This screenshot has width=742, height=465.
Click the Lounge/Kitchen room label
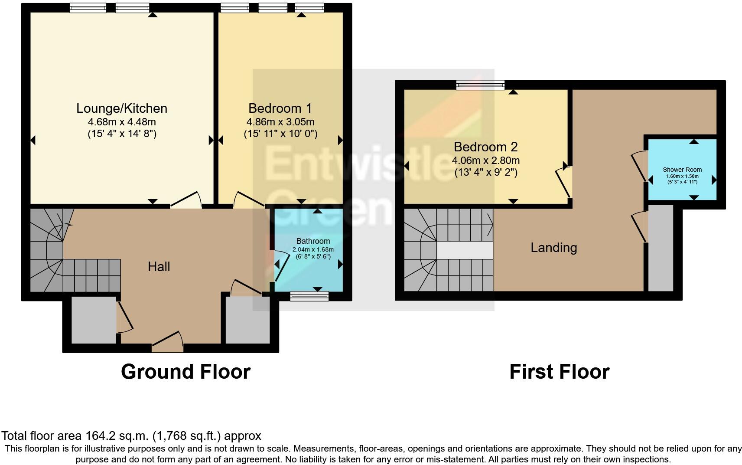(x=122, y=108)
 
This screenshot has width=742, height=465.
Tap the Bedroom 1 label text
(x=280, y=108)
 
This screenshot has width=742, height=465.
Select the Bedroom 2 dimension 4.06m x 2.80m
(x=485, y=160)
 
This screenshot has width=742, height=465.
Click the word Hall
(x=159, y=267)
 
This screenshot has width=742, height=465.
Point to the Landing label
(x=554, y=248)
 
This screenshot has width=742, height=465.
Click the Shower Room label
(x=682, y=170)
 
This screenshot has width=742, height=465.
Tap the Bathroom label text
(x=313, y=241)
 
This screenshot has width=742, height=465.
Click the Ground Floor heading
(x=185, y=372)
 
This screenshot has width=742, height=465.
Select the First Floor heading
(x=559, y=372)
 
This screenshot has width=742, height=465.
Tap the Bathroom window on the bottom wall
(x=309, y=296)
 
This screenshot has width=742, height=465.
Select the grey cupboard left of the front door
(x=93, y=320)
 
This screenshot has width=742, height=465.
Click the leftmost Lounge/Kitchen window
(x=88, y=7)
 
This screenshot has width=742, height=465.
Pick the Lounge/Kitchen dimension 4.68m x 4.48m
(x=122, y=122)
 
